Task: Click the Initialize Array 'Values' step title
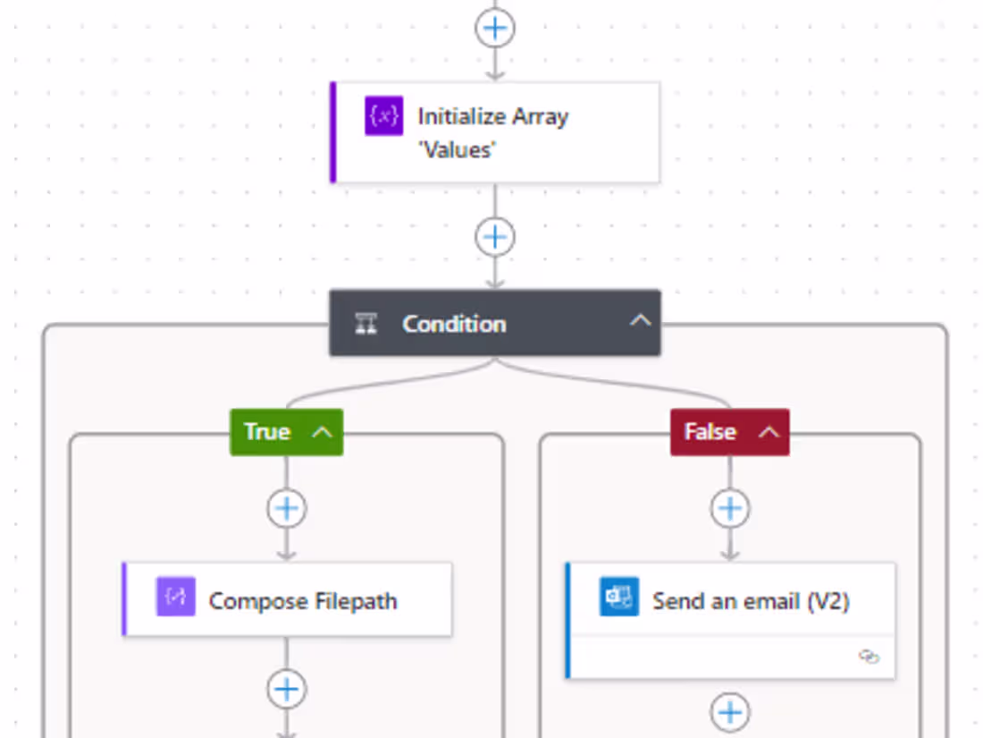(492, 132)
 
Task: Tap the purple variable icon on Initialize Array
(383, 116)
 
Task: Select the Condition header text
(454, 324)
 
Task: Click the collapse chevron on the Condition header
(640, 321)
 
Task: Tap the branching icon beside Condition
(366, 324)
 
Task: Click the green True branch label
(267, 432)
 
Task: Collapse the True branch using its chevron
(323, 432)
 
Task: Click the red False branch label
(710, 432)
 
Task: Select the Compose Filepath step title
(303, 601)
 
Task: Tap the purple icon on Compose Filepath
(175, 597)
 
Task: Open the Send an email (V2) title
(751, 601)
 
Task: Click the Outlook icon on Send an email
(619, 598)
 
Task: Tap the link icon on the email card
(869, 657)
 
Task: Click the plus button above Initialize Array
(494, 29)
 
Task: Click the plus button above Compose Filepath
(287, 509)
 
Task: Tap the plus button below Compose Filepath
(287, 690)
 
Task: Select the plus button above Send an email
(730, 509)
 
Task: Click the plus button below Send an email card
(730, 713)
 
